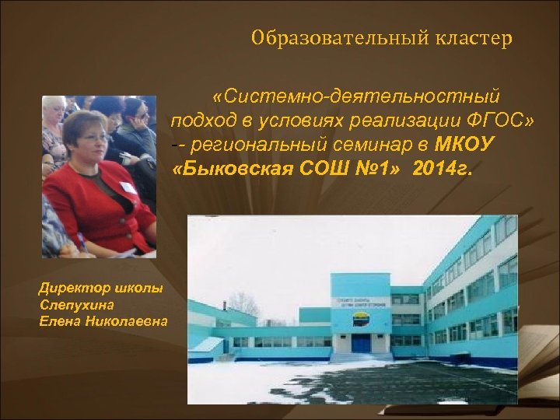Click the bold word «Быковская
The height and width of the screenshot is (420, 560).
(x=229, y=169)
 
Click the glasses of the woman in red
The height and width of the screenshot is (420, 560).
(x=93, y=138)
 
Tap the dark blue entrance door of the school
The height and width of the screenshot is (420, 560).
(x=361, y=343)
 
